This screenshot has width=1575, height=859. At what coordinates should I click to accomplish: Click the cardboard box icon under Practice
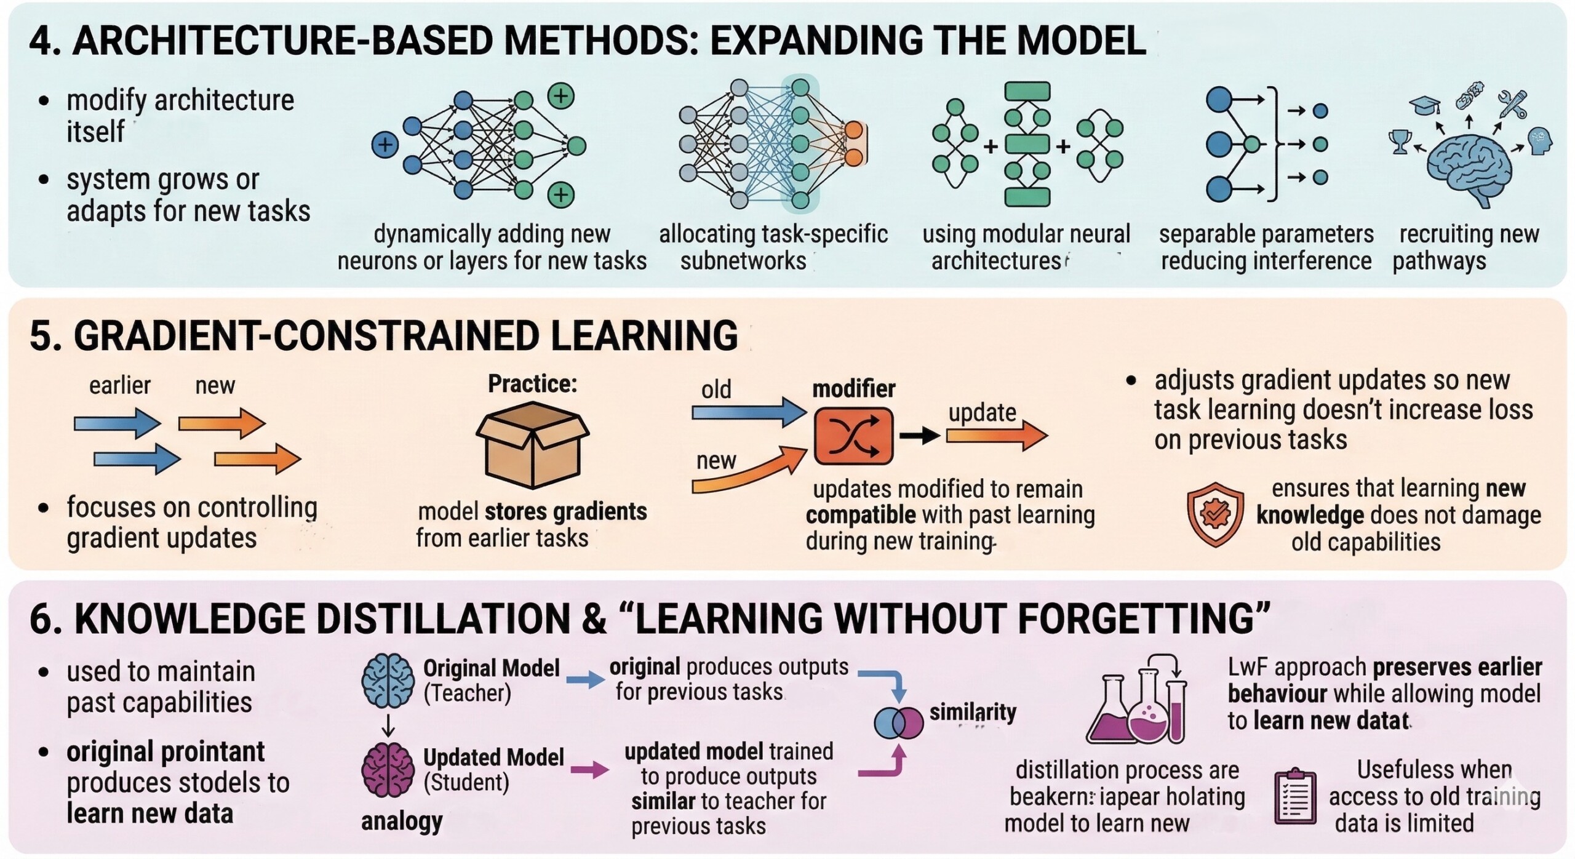(532, 444)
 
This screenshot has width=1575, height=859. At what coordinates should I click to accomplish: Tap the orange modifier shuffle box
(853, 436)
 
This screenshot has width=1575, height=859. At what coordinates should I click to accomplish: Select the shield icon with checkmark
(1215, 514)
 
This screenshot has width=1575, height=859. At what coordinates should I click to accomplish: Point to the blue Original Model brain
(388, 680)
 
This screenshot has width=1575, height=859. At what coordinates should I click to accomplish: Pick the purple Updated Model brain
(388, 769)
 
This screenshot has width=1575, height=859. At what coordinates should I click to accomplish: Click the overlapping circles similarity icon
(898, 722)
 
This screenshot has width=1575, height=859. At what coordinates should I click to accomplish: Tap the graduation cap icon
(1424, 106)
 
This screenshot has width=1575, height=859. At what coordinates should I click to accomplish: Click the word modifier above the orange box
(853, 389)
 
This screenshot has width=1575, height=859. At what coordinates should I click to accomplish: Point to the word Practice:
(532, 384)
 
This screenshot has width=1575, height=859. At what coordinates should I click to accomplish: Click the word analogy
(402, 821)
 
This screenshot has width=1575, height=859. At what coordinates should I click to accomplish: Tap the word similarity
(972, 713)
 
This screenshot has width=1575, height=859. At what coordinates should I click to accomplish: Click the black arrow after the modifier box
(919, 436)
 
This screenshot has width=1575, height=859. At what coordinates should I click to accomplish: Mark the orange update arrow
(997, 436)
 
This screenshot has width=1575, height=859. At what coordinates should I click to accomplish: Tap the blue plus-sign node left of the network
(385, 145)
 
